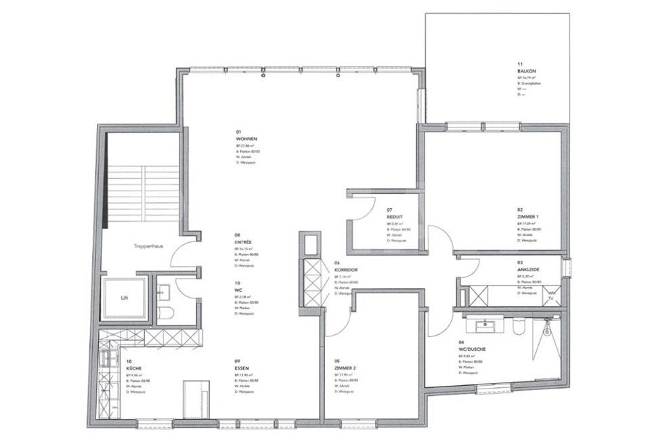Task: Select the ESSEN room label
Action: pyautogui.click(x=243, y=368)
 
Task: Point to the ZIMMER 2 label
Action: pyautogui.click(x=346, y=368)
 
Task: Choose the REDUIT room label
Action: pyautogui.click(x=395, y=217)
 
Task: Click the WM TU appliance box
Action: pyautogui.click(x=552, y=295)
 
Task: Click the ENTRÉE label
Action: pyautogui.click(x=244, y=241)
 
